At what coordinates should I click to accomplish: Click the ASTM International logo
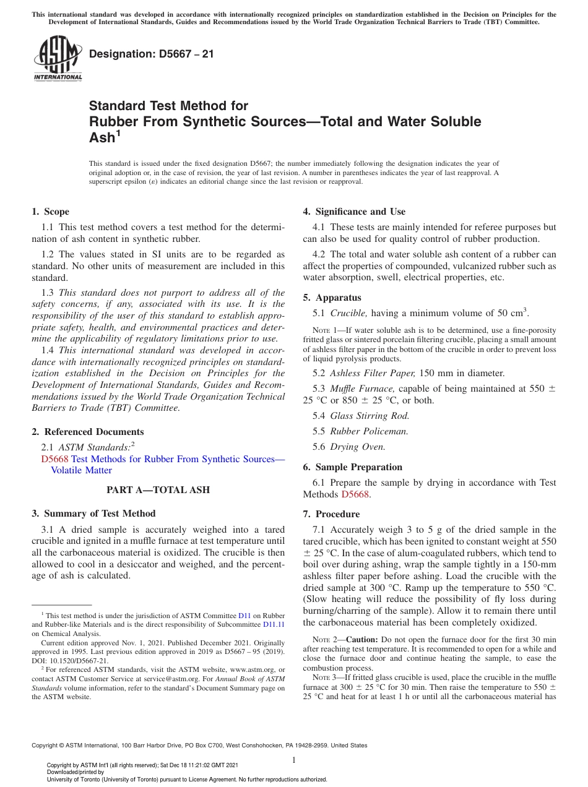click(x=57, y=59)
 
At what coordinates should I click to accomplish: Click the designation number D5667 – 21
click(x=152, y=54)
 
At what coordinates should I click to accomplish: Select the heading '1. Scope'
click(x=51, y=212)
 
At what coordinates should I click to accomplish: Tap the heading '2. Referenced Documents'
click(x=88, y=432)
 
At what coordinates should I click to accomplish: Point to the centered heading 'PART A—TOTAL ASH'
click(x=158, y=490)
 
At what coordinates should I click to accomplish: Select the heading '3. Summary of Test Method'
click(x=93, y=514)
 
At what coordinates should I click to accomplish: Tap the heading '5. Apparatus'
click(x=332, y=298)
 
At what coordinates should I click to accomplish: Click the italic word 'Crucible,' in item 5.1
click(x=349, y=313)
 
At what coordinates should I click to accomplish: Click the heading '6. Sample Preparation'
click(x=352, y=467)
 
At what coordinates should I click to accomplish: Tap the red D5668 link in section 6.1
click(x=355, y=494)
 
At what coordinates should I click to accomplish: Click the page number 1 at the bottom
click(x=294, y=760)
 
